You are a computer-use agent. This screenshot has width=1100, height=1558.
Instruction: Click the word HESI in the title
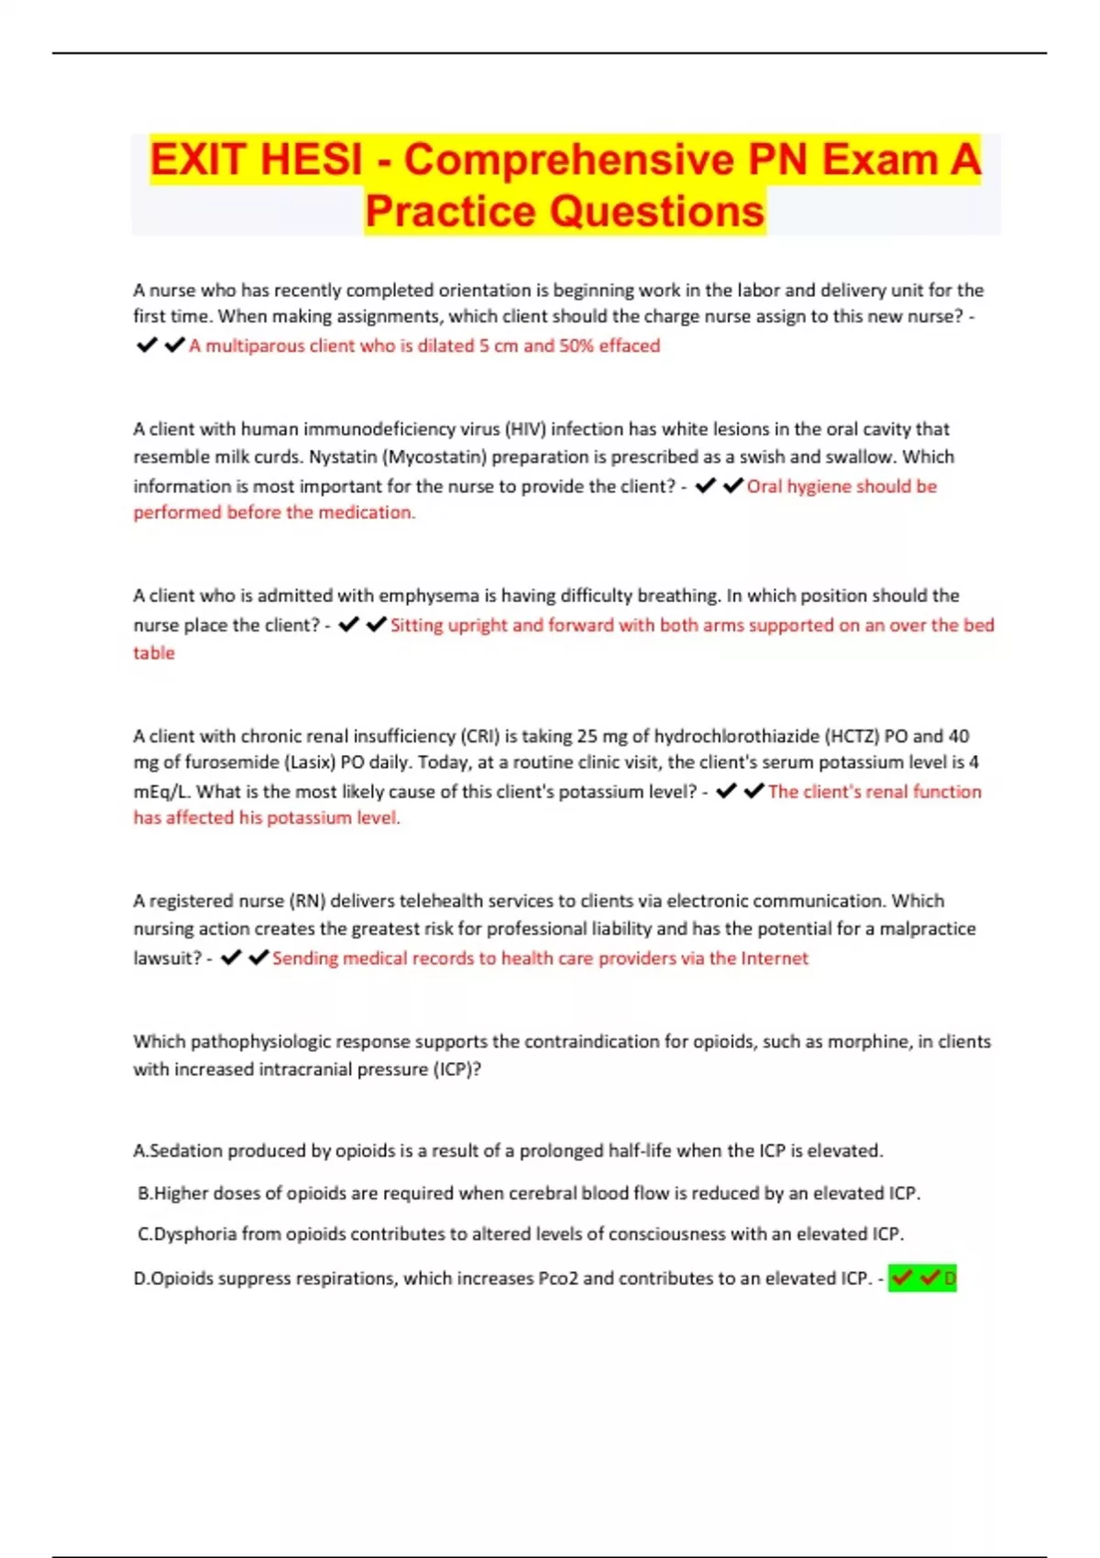311,159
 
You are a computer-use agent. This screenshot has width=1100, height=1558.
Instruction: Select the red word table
154,653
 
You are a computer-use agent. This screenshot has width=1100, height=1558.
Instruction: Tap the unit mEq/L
161,792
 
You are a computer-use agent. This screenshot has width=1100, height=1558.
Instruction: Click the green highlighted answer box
922,1278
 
